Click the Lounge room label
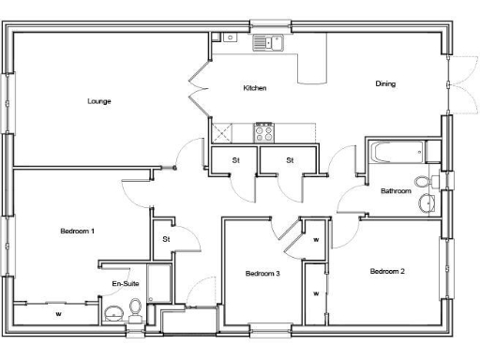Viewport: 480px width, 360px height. coord(99,101)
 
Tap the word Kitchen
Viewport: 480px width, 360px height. coord(255,88)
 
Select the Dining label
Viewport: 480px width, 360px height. coord(385,83)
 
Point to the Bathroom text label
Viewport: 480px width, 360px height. coord(395,191)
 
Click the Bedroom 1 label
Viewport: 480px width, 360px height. coord(77,231)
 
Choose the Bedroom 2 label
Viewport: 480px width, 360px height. coord(387,272)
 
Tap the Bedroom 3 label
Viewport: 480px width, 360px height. coord(262,274)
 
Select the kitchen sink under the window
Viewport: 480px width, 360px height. coord(268,41)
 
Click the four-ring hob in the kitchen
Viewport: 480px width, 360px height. coord(264,130)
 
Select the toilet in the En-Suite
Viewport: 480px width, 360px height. coord(136,307)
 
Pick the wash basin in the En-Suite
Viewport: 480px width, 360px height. coord(113,313)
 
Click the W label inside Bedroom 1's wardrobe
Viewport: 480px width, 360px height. coord(58,313)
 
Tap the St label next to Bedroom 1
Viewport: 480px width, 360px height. coord(166,240)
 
